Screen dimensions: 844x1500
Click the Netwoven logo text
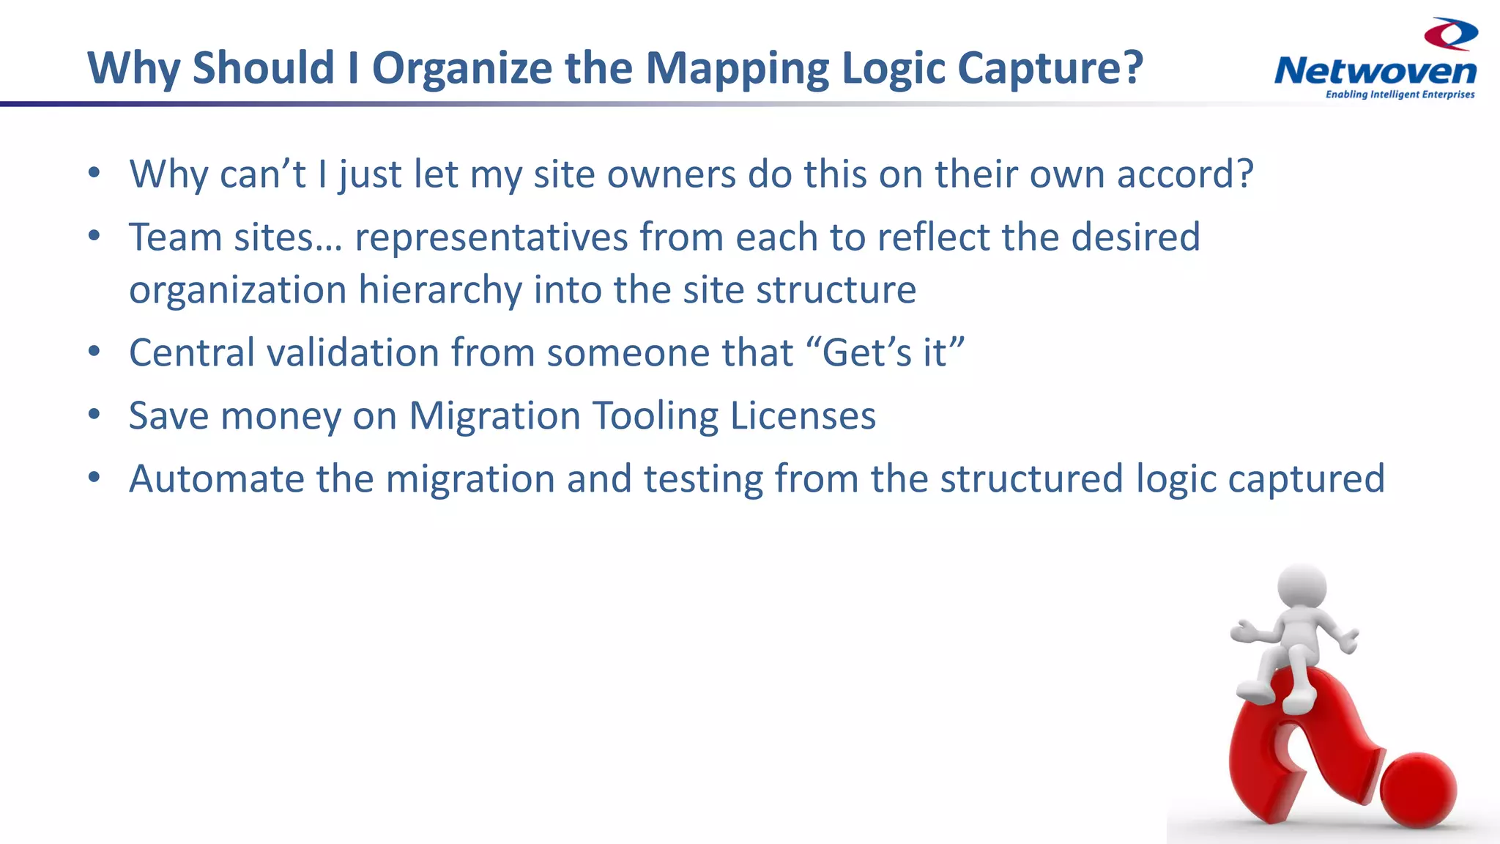coord(1375,72)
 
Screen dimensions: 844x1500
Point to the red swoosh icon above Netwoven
coord(1451,34)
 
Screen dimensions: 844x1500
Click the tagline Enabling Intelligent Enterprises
coord(1400,95)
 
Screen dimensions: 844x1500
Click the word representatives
coord(491,237)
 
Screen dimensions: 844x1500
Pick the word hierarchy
coord(439,289)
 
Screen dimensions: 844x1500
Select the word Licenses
coord(803,415)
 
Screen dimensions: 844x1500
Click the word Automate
coord(217,478)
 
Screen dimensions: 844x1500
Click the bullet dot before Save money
coord(94,415)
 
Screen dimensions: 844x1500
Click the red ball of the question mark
coord(1419,790)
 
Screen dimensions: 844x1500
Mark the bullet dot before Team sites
coord(94,237)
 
